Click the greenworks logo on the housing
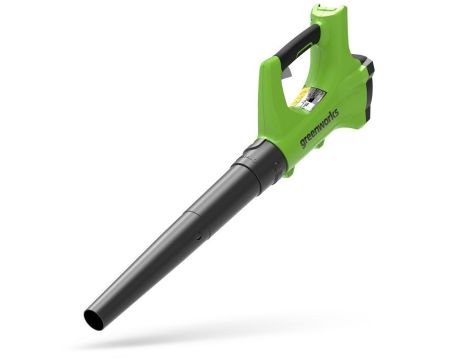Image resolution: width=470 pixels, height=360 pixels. [319, 128]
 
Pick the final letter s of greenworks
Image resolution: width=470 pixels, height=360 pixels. [336, 112]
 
